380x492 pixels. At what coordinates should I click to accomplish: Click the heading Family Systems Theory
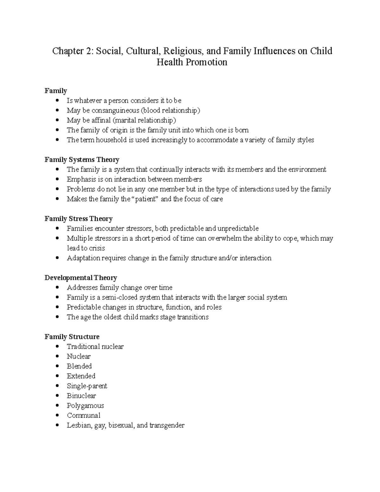click(x=82, y=160)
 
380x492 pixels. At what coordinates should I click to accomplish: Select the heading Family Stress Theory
click(x=79, y=219)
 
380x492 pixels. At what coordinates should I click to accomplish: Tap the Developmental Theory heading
click(x=81, y=278)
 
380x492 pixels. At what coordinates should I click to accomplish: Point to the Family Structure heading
click(x=72, y=337)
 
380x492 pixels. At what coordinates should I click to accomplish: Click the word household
click(x=111, y=140)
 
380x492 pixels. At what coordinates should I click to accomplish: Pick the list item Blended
click(x=79, y=366)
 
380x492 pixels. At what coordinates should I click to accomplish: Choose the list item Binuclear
click(x=81, y=396)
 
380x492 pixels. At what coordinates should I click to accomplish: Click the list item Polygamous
click(x=85, y=406)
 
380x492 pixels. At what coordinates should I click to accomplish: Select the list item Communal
click(x=84, y=415)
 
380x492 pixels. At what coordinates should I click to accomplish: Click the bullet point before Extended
click(x=57, y=376)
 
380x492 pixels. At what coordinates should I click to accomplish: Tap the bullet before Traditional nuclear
click(x=57, y=347)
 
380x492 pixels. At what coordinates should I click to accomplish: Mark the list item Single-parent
click(x=87, y=386)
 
